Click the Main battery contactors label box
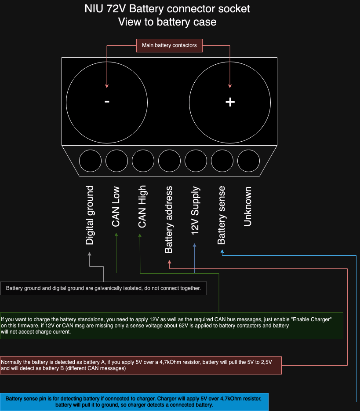pyautogui.click(x=169, y=45)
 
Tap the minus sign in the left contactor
pyautogui.click(x=107, y=102)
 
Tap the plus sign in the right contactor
pyautogui.click(x=230, y=102)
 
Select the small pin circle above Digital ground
pyautogui.click(x=90, y=161)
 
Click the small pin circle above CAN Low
pyautogui.click(x=116, y=161)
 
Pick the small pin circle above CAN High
pyautogui.click(x=143, y=161)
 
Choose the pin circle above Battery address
pyautogui.click(x=169, y=161)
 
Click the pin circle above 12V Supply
pyautogui.click(x=196, y=161)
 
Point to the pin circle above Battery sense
pyautogui.click(x=222, y=161)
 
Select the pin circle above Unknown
pyautogui.click(x=248, y=161)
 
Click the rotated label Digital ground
pyautogui.click(x=90, y=215)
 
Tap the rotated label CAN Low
pyautogui.click(x=116, y=206)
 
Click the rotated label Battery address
pyautogui.click(x=169, y=220)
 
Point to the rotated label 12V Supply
pyautogui.click(x=195, y=210)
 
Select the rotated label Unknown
pyautogui.click(x=248, y=206)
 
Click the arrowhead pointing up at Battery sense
pyautogui.click(x=222, y=253)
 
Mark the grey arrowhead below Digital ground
pyautogui.click(x=90, y=254)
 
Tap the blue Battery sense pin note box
pyautogui.click(x=134, y=401)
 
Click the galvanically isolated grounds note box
pyautogui.click(x=103, y=289)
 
